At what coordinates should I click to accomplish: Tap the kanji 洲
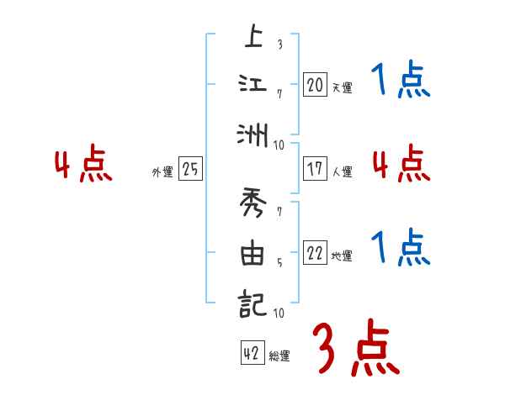pyautogui.click(x=252, y=134)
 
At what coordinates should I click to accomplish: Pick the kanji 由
pyautogui.click(x=252, y=255)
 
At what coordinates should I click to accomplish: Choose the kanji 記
pyautogui.click(x=252, y=303)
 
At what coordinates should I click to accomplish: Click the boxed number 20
pyautogui.click(x=315, y=84)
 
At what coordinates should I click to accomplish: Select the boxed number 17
pyautogui.click(x=315, y=168)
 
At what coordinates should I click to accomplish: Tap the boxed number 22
pyautogui.click(x=315, y=253)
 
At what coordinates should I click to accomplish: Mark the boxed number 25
pyautogui.click(x=190, y=169)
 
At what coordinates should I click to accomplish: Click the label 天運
pyautogui.click(x=342, y=87)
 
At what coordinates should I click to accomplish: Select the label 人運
pyautogui.click(x=342, y=171)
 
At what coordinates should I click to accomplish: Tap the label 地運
pyautogui.click(x=342, y=256)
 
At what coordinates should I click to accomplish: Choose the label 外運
pyautogui.click(x=162, y=172)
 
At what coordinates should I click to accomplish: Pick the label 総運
pyautogui.click(x=279, y=356)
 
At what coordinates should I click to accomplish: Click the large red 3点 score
pyautogui.click(x=355, y=348)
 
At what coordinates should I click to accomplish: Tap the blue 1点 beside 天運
pyautogui.click(x=401, y=82)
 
